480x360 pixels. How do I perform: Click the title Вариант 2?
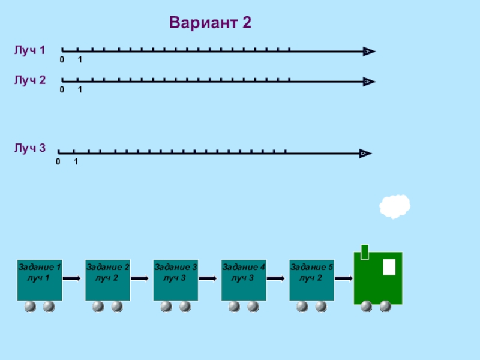coord(211,22)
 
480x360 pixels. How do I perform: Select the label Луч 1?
coord(29,50)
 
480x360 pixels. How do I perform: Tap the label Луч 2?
coord(29,80)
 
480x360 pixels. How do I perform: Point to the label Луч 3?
coord(29,148)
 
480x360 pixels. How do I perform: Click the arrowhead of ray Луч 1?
coord(369,52)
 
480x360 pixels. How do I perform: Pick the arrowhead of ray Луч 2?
coord(369,82)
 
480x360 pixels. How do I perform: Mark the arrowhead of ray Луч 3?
coord(365,154)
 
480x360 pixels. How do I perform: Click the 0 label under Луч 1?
coord(62,59)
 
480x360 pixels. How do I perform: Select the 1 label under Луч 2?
coord(80,89)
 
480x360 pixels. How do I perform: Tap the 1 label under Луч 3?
coord(76,161)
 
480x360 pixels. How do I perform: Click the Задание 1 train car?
coord(40,280)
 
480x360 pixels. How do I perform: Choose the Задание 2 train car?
coord(107,280)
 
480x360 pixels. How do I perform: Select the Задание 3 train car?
coord(175,280)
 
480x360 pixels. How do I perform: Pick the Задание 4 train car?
coord(244,280)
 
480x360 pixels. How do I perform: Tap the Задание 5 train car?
coord(311,280)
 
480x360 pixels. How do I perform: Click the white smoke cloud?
coord(395,206)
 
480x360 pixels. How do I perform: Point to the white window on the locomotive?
coord(389,267)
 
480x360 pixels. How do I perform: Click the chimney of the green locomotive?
coord(365,252)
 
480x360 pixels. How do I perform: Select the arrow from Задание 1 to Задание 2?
coord(71,278)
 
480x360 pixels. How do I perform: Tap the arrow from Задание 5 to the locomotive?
coord(344,278)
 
